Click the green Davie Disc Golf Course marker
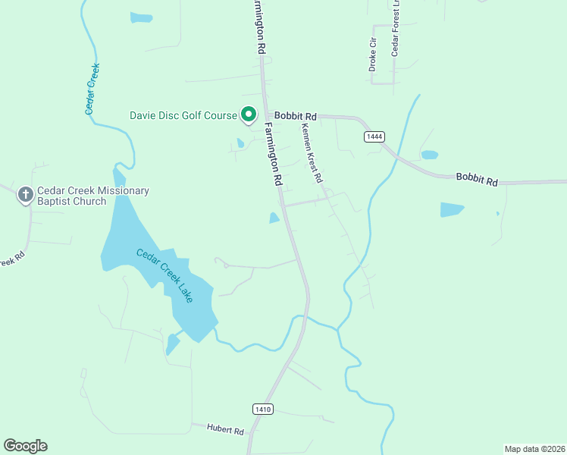click(249, 115)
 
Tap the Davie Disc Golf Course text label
click(183, 116)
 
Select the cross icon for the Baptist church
click(25, 196)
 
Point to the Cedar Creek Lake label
click(164, 275)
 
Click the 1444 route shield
click(374, 136)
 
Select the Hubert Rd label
click(225, 430)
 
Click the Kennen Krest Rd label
click(312, 152)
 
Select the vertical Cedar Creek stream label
click(92, 89)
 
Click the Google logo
click(25, 446)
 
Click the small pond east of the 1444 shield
click(429, 155)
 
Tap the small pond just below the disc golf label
click(240, 143)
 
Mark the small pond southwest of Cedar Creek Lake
click(173, 344)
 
